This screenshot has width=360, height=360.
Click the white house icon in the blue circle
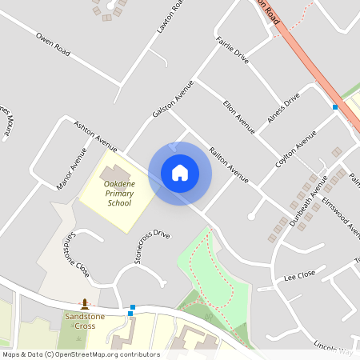[x=180, y=173]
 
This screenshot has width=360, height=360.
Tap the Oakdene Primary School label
[x=118, y=194]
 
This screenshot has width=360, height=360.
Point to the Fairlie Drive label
[x=233, y=50]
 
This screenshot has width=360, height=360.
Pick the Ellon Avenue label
[x=239, y=117]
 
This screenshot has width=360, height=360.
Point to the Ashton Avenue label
[x=96, y=136]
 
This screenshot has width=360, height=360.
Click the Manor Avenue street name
[x=71, y=170]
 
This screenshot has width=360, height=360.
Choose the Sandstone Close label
[x=76, y=254]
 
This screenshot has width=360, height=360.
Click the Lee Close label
[x=299, y=276]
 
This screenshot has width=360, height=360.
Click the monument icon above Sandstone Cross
[x=85, y=304]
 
